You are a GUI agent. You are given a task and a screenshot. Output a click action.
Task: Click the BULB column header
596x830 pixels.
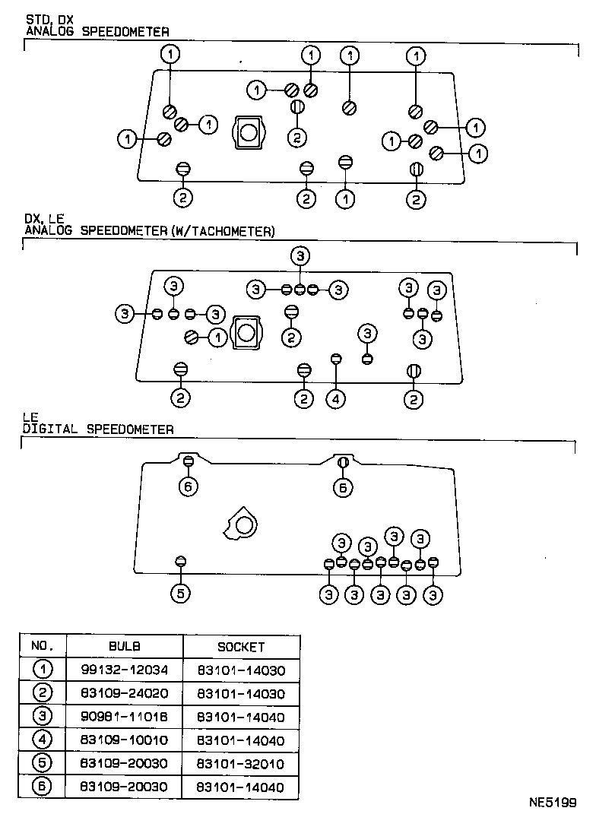coord(125,647)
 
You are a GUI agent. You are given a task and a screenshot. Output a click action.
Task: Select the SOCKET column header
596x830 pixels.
coord(241,647)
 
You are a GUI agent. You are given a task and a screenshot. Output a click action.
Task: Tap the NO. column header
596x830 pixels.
coord(43,647)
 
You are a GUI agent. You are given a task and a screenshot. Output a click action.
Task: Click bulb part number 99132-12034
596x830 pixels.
coord(125,670)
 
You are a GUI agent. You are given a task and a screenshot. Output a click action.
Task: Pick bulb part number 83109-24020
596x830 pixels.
coord(125,694)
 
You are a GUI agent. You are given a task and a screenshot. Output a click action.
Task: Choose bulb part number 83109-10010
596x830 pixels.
coord(125,740)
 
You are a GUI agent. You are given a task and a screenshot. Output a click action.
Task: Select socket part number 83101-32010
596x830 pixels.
coord(241,764)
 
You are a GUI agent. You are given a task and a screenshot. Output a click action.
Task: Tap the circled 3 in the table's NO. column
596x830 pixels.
coord(43,717)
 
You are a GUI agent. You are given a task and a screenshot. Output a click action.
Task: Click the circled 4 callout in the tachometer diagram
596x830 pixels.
coord(336,398)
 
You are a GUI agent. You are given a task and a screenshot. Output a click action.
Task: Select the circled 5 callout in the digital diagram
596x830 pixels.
coord(179,594)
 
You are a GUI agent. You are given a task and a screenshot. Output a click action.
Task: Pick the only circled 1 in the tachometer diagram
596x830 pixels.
coord(218,336)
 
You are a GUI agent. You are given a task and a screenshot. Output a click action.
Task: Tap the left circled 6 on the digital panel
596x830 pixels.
coord(189,486)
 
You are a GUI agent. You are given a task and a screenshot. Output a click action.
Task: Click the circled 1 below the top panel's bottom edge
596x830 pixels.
coord(346,198)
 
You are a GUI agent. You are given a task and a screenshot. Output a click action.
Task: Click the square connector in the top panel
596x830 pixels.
coord(248,134)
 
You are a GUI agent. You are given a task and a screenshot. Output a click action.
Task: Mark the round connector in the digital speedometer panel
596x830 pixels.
coord(243,524)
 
